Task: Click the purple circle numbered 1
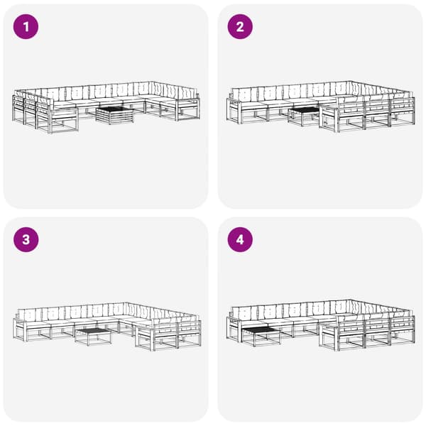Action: tap(26, 27)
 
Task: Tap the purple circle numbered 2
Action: tap(240, 27)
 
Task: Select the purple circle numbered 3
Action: tap(26, 240)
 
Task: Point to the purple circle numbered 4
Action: tap(240, 240)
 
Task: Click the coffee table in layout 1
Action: tap(115, 115)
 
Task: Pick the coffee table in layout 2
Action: tap(304, 116)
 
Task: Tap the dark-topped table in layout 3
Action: tap(93, 337)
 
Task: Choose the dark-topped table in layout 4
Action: tap(261, 337)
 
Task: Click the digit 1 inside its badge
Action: tap(26, 27)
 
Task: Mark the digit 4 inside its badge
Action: tap(240, 240)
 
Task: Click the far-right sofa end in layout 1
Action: tap(188, 106)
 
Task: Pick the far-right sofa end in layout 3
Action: tap(189, 334)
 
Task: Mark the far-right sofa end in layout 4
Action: tap(403, 329)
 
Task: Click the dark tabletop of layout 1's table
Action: tap(115, 109)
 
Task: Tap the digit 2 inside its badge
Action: tap(240, 27)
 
